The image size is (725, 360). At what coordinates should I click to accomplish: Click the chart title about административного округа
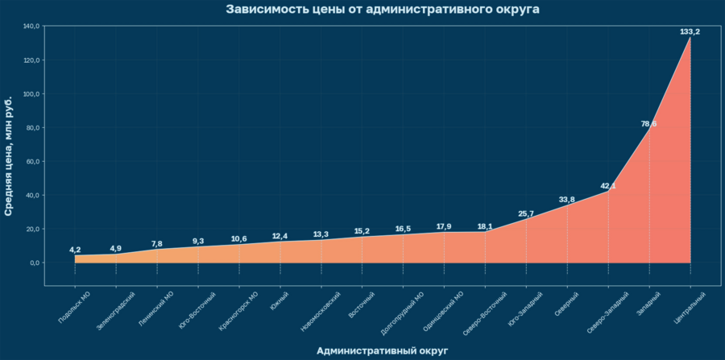pyautogui.click(x=383, y=10)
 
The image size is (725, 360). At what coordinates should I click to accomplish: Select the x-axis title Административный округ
pyautogui.click(x=382, y=350)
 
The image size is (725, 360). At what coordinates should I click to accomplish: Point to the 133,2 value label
pyautogui.click(x=690, y=31)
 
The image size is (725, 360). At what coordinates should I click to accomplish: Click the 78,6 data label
pyautogui.click(x=648, y=123)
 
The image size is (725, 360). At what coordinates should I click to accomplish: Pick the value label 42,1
pyautogui.click(x=608, y=186)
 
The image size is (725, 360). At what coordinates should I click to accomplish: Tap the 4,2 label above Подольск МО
pyautogui.click(x=75, y=250)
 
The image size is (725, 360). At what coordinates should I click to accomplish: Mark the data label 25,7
pyautogui.click(x=526, y=213)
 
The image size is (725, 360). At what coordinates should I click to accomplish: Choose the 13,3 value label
pyautogui.click(x=321, y=234)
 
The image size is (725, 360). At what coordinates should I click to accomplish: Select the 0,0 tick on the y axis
pyautogui.click(x=34, y=263)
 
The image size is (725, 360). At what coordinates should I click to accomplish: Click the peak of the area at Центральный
pyautogui.click(x=690, y=38)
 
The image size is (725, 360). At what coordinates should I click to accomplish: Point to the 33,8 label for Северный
pyautogui.click(x=567, y=200)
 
